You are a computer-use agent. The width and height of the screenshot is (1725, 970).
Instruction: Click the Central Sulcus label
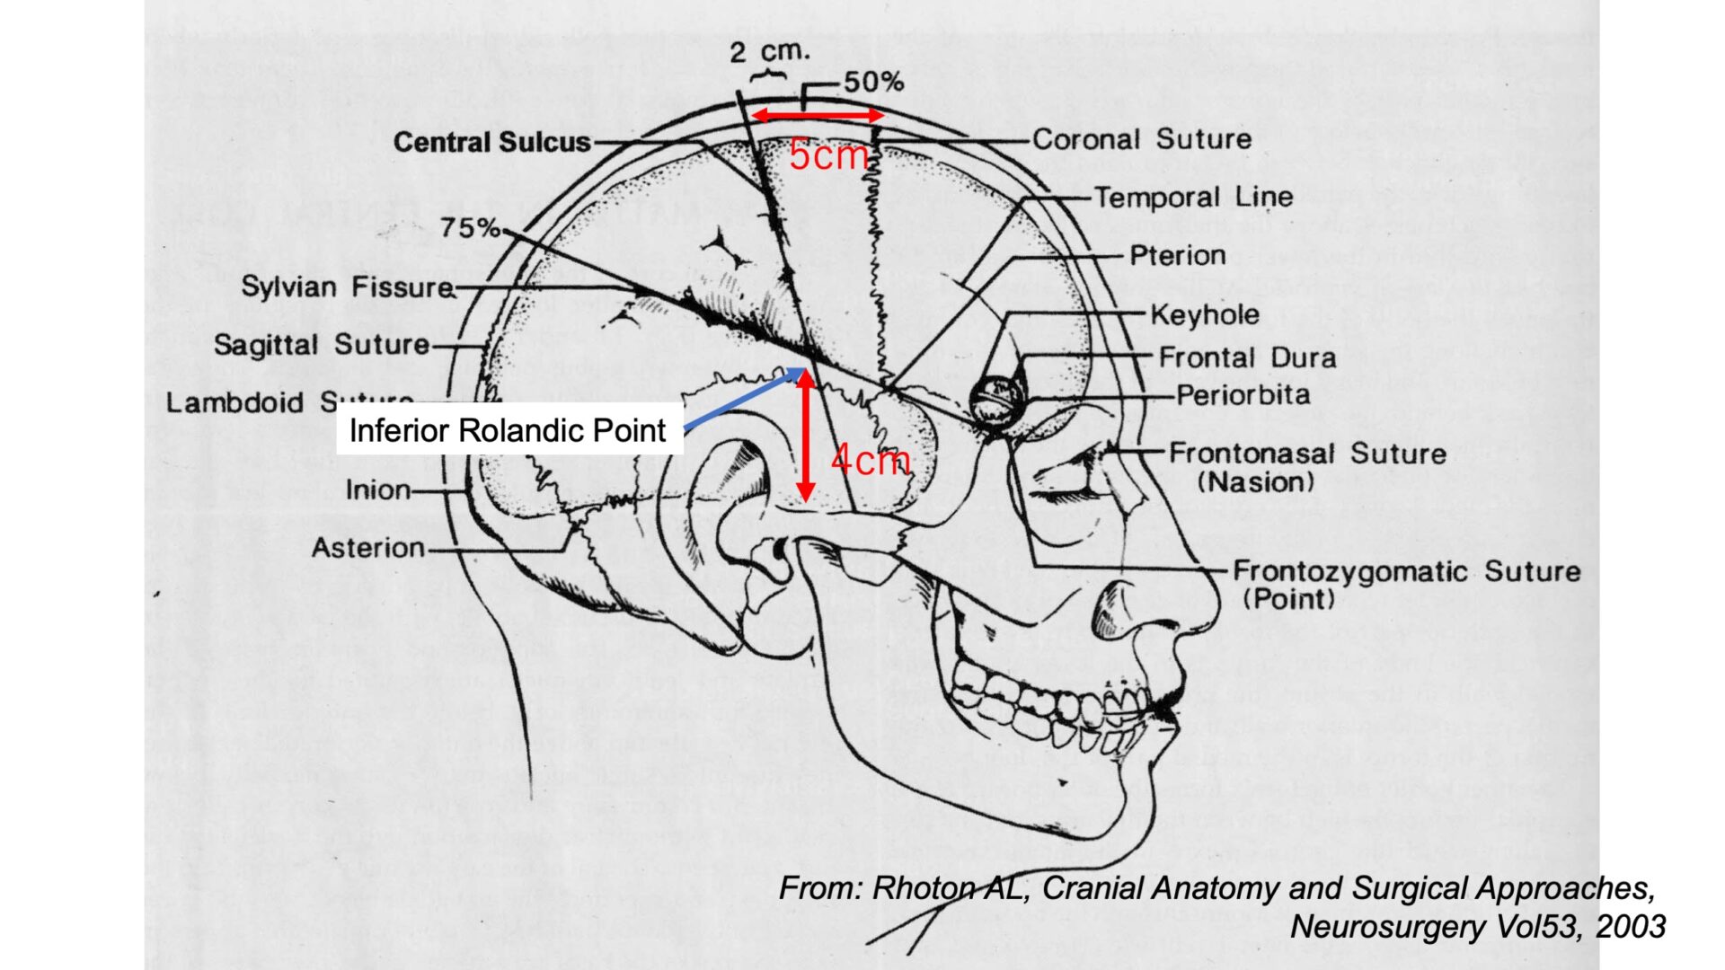[491, 142]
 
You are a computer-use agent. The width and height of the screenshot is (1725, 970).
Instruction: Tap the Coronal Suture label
[1141, 139]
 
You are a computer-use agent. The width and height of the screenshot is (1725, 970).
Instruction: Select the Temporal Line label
[1193, 198]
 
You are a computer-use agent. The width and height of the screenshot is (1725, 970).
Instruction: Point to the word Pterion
[1177, 256]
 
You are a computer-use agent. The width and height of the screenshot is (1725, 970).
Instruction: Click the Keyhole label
[1204, 315]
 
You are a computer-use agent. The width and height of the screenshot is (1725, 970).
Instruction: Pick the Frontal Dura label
[1247, 357]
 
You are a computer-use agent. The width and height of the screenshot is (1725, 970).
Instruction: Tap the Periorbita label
[1243, 395]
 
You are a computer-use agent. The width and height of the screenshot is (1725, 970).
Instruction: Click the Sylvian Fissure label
[348, 287]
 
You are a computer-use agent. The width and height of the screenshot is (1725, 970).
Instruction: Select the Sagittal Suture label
[322, 345]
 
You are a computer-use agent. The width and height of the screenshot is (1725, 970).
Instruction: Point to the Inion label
[377, 490]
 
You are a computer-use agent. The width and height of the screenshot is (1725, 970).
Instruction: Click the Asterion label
[367, 548]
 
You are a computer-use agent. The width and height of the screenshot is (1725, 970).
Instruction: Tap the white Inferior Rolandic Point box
[509, 430]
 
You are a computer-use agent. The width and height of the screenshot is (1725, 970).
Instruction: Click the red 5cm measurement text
[827, 156]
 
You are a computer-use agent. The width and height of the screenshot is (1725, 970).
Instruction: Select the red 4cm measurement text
[870, 460]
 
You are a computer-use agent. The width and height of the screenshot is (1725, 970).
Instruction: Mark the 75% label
[469, 228]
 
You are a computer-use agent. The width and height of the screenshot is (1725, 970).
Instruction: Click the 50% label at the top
[872, 83]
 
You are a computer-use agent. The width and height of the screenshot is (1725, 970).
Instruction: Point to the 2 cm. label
[769, 51]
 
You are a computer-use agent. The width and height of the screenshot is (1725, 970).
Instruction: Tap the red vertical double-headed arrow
[806, 435]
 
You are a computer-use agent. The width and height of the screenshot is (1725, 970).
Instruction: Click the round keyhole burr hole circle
[996, 399]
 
